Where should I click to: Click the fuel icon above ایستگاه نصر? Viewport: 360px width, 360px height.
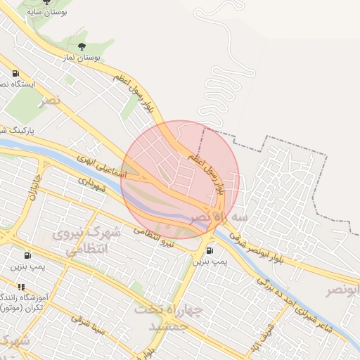click(x=15, y=74)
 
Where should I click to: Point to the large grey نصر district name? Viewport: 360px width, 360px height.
click(x=51, y=101)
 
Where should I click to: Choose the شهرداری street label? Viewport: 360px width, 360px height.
click(x=91, y=184)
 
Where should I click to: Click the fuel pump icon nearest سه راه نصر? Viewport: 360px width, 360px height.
click(x=210, y=250)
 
